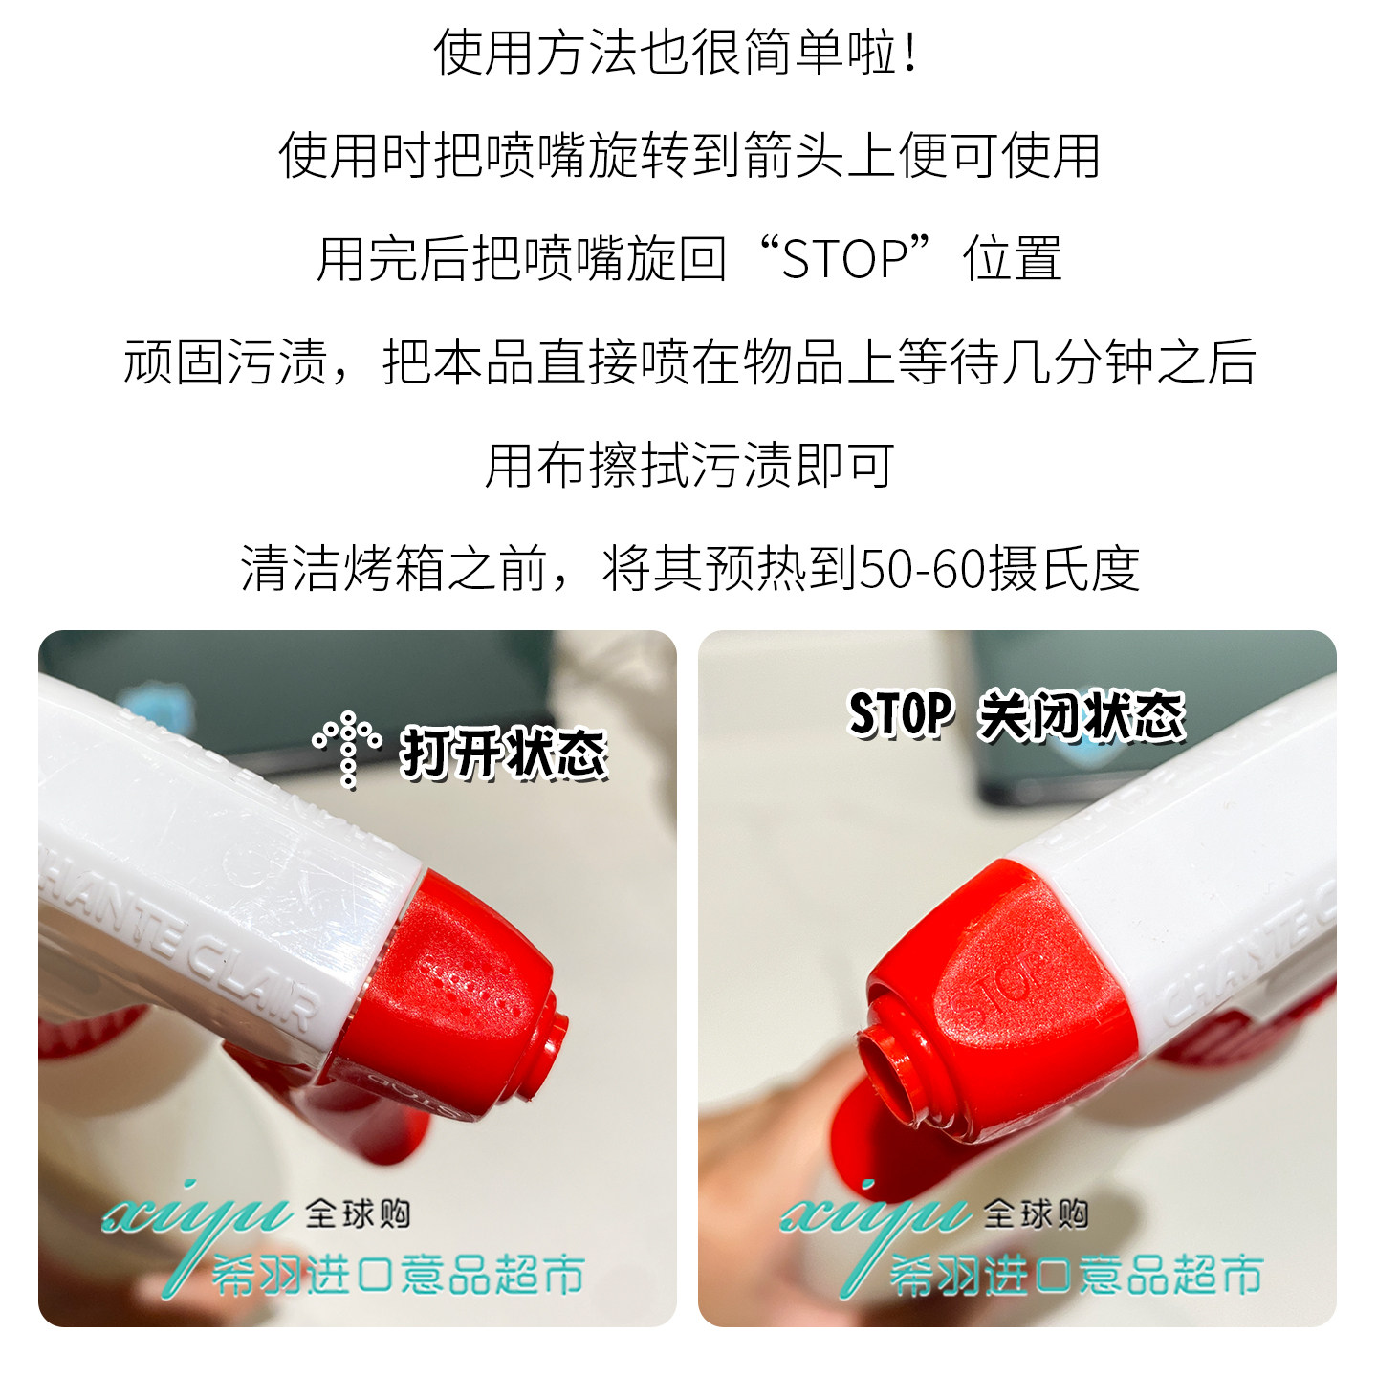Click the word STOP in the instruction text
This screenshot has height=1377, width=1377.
[844, 258]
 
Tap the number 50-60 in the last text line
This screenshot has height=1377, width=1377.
[920, 570]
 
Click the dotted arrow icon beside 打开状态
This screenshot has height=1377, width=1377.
[347, 750]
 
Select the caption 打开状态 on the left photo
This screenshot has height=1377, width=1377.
[503, 752]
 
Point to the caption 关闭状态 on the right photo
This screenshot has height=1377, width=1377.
[1082, 715]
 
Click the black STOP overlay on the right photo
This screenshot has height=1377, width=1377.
[901, 713]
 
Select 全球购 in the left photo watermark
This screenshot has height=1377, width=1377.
[358, 1213]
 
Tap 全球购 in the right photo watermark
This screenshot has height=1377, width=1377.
[1037, 1213]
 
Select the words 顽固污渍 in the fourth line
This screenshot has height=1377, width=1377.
[225, 362]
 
